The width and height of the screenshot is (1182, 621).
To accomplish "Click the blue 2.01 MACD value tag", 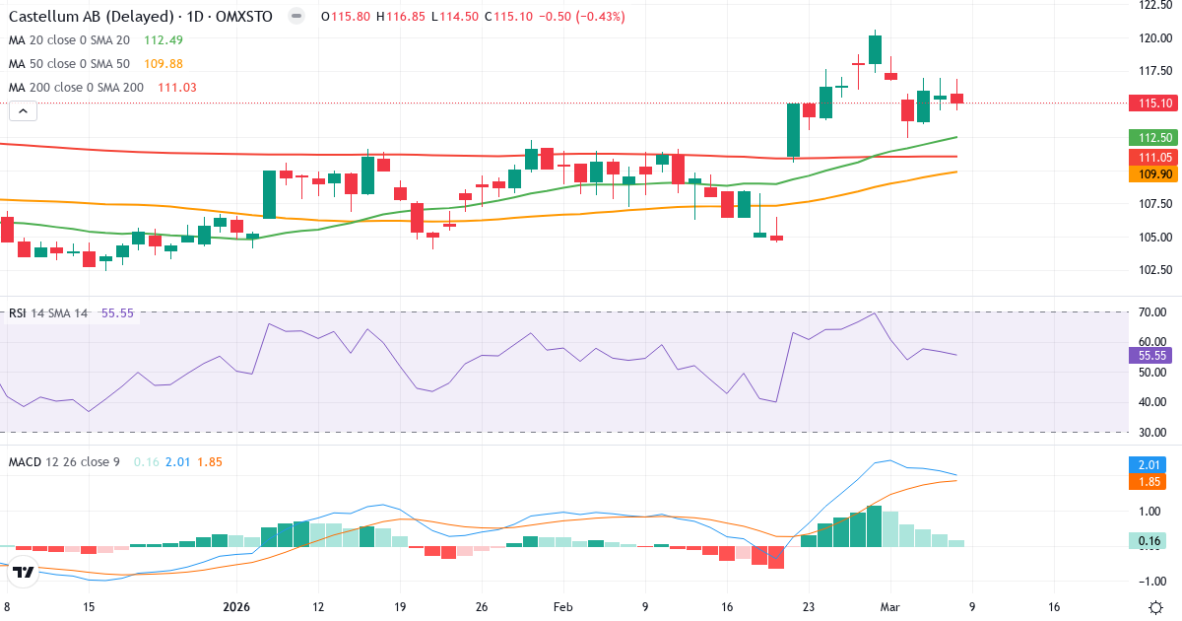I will tap(1147, 463).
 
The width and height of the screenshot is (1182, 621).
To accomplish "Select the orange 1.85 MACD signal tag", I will tap(1147, 481).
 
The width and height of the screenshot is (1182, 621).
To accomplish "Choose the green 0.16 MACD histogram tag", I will tap(1147, 540).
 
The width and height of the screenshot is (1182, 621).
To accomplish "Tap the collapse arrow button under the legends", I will tap(23, 111).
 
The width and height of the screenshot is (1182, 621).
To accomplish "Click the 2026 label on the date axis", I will tap(236, 607).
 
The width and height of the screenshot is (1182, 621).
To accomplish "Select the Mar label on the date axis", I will tap(889, 607).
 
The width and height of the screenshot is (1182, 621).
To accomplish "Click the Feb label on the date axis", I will tap(562, 607).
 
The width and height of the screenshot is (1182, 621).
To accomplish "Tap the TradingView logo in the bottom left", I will tap(25, 571).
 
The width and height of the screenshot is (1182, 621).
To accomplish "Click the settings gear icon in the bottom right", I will tap(1158, 607).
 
